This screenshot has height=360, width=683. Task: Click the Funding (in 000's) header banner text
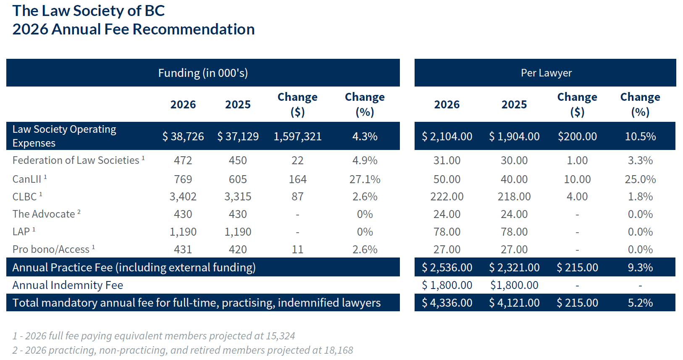click(x=203, y=73)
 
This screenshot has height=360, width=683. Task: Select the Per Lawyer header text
click(x=546, y=73)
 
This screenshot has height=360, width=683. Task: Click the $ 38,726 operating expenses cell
click(x=183, y=137)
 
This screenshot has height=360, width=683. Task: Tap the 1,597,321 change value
click(x=297, y=137)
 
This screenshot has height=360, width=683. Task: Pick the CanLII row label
click(x=27, y=179)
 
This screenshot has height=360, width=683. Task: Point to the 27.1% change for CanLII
click(x=365, y=179)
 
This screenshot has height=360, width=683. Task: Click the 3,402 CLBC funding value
click(x=183, y=197)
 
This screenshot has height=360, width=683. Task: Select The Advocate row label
click(x=44, y=214)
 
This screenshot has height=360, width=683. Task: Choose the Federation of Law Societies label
click(x=76, y=160)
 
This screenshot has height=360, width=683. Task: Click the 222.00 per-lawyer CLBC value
click(x=447, y=197)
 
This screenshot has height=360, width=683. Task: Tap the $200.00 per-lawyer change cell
click(x=577, y=137)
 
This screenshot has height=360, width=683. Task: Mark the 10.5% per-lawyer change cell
click(x=640, y=137)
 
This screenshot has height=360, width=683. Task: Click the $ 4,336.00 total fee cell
click(x=447, y=303)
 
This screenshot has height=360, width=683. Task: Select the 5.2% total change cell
click(x=640, y=303)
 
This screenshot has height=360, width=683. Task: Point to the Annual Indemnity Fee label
click(x=68, y=285)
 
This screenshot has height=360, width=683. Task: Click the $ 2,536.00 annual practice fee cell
click(x=447, y=268)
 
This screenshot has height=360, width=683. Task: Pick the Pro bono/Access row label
click(x=51, y=250)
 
